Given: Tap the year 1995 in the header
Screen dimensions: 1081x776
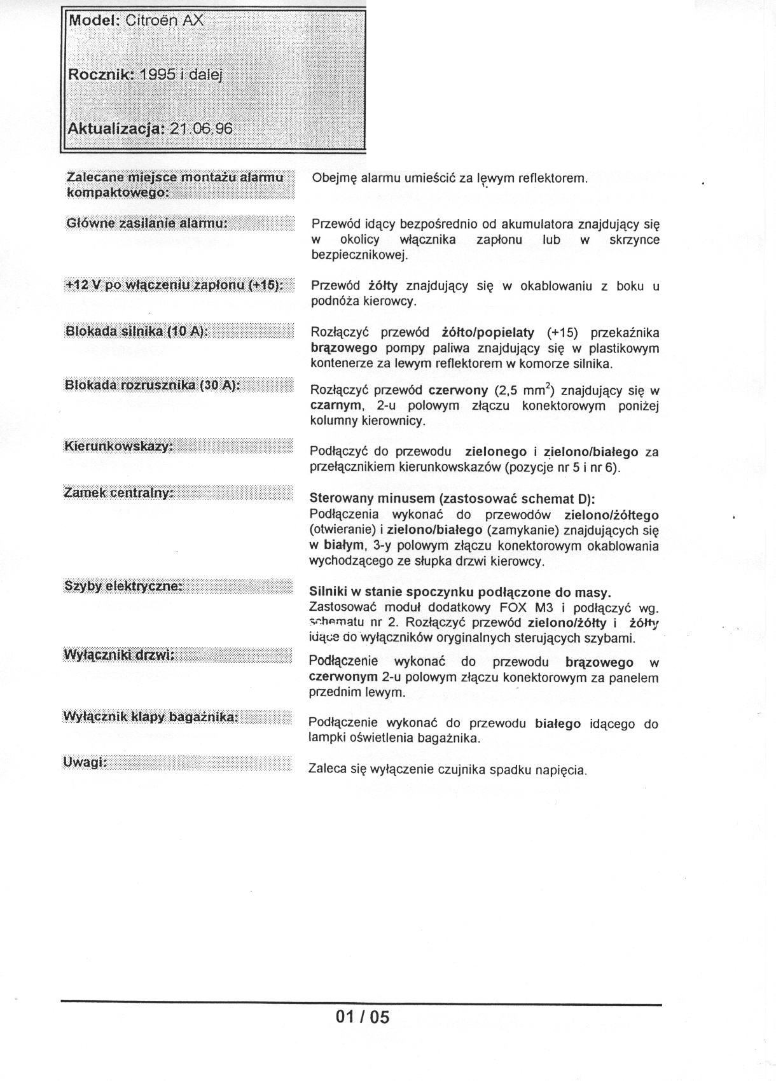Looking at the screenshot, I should [156, 74].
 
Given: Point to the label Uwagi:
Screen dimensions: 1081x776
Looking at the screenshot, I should [85, 762].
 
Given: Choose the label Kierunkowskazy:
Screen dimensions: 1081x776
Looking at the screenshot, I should [119, 446].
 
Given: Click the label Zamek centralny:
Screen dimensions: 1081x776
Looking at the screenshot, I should [119, 492].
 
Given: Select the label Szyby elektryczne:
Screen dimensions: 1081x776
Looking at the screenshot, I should [123, 586].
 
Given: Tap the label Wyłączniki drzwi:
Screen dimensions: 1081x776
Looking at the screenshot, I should [119, 655].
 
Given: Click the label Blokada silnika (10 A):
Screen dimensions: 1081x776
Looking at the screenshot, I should [137, 331].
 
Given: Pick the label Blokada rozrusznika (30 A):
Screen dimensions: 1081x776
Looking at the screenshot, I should [152, 386].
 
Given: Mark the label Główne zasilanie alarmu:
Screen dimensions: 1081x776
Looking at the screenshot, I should [147, 223].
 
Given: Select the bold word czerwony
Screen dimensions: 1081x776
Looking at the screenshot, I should [458, 390].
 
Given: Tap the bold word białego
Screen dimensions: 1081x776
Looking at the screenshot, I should [558, 723].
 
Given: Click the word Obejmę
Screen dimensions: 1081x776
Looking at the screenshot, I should [334, 178].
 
